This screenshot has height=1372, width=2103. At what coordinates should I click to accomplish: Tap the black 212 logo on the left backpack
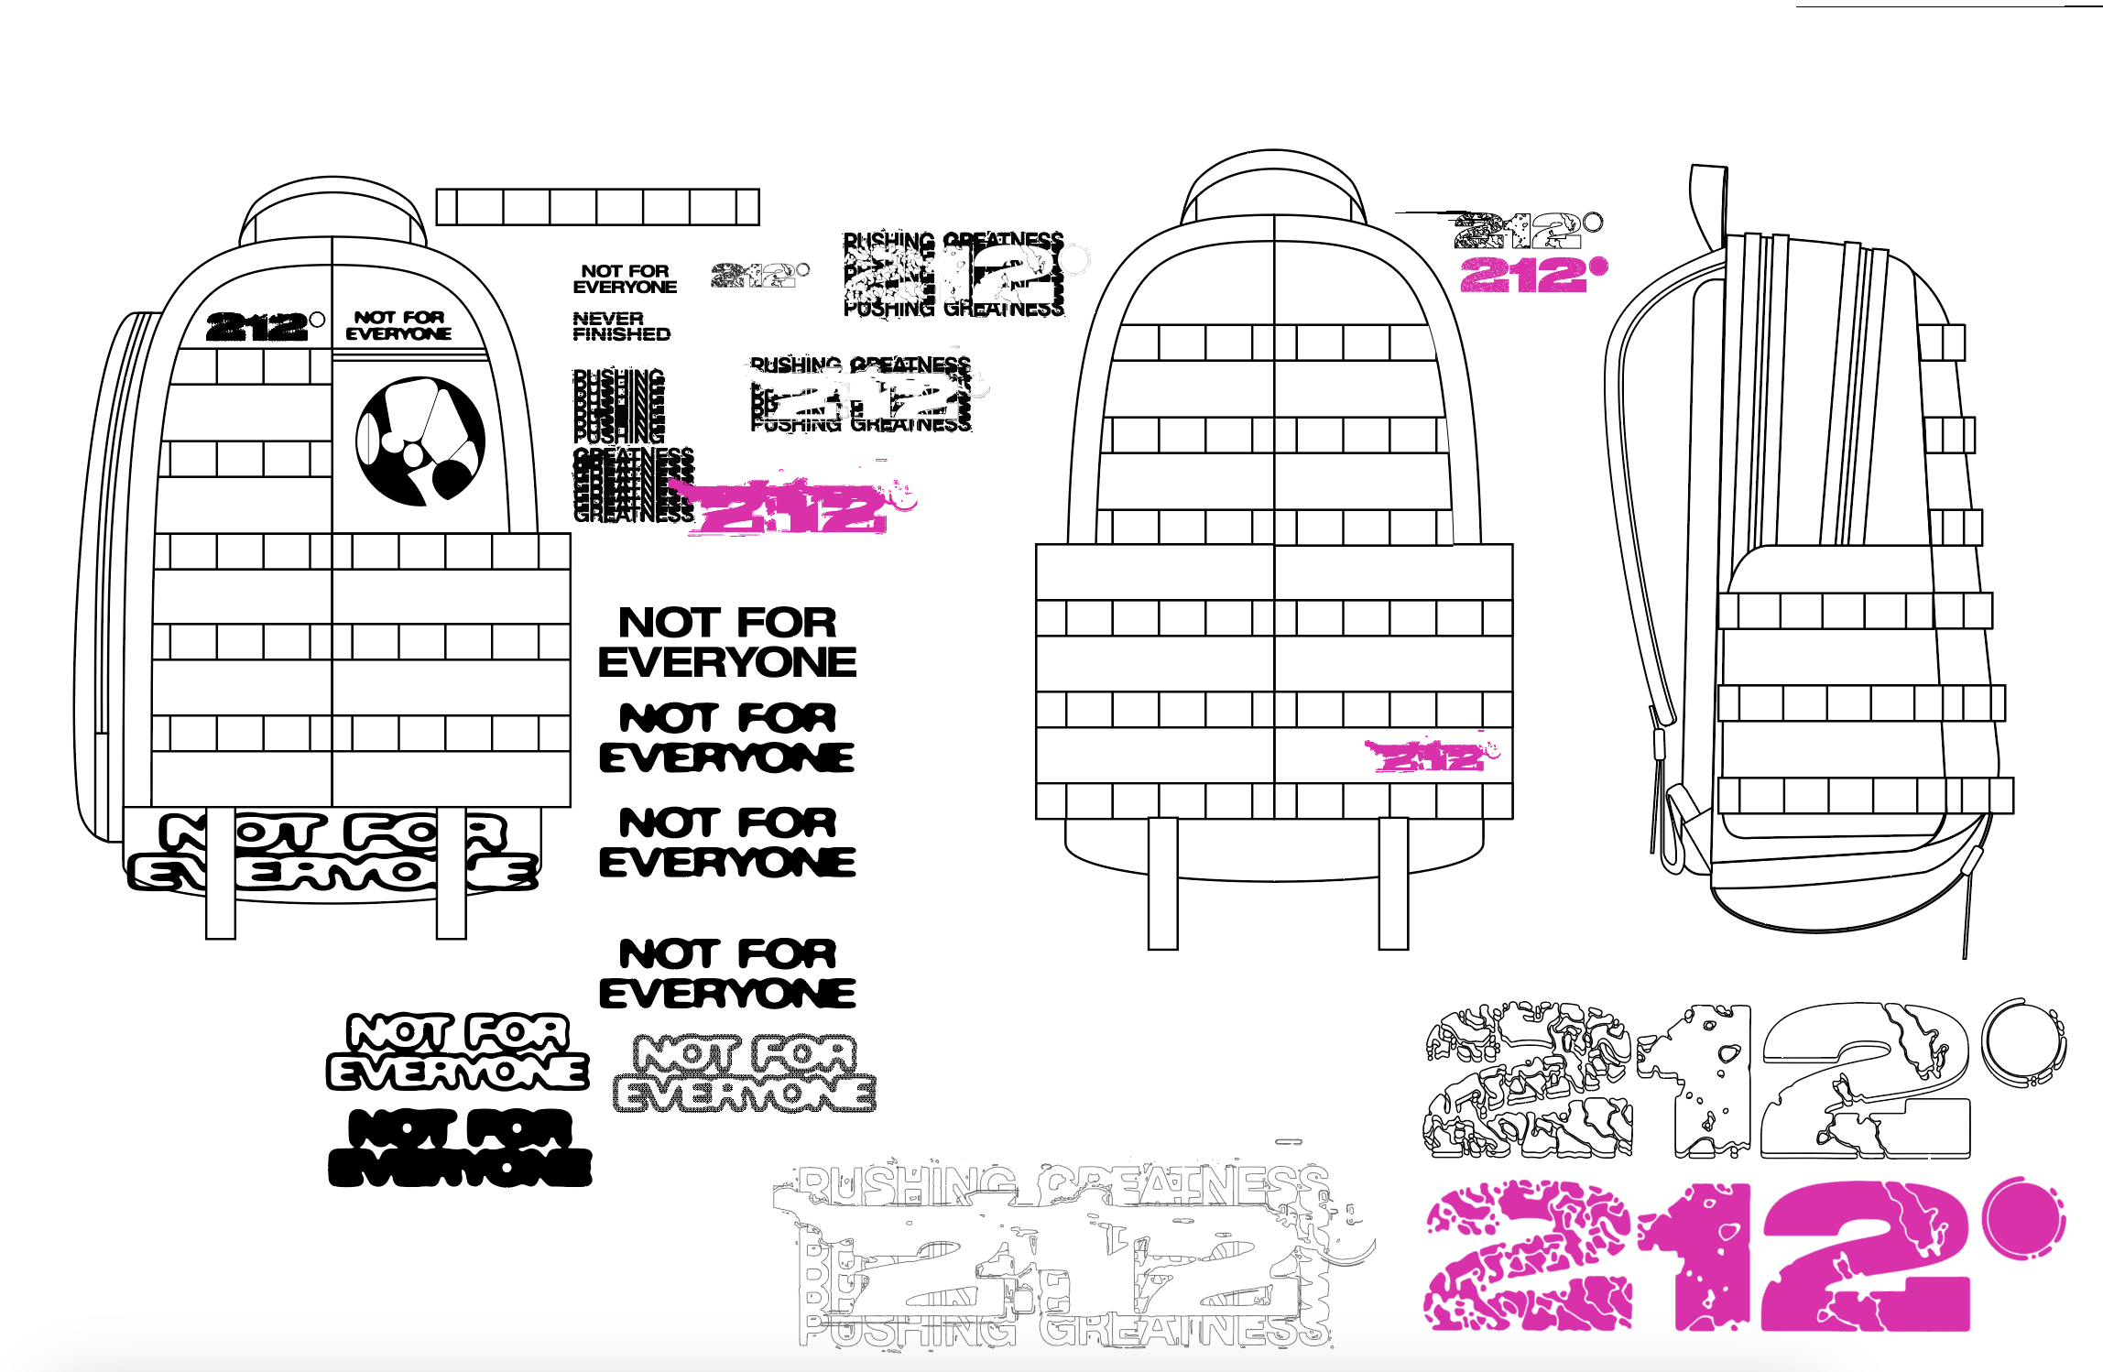[x=257, y=327]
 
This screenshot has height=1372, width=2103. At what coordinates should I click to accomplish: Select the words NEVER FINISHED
[x=621, y=326]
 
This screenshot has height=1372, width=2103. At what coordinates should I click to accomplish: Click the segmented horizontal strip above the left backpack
[x=597, y=207]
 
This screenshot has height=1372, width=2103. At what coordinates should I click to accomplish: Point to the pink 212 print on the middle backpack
[x=1430, y=757]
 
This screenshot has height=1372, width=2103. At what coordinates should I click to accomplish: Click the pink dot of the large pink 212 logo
[x=2021, y=1220]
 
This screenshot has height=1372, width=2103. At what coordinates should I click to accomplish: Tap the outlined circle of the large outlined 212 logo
[x=2021, y=1043]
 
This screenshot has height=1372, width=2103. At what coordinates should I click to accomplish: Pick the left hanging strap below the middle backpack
[x=1162, y=884]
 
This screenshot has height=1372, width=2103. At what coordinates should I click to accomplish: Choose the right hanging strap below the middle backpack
[x=1393, y=884]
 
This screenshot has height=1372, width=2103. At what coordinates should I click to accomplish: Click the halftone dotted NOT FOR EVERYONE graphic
[x=744, y=1073]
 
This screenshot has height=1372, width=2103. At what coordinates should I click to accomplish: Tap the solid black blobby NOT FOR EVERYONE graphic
[x=460, y=1148]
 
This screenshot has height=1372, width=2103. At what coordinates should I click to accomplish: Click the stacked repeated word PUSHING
[x=618, y=406]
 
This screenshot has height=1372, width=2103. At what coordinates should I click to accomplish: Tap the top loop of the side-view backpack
[x=1708, y=206]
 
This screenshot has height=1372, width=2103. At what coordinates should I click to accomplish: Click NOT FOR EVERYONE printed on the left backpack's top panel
[x=398, y=325]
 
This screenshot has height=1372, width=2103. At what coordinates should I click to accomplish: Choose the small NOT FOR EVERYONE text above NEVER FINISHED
[x=625, y=278]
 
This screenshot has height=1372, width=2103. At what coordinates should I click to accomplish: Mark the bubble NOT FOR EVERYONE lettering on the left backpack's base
[x=332, y=852]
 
